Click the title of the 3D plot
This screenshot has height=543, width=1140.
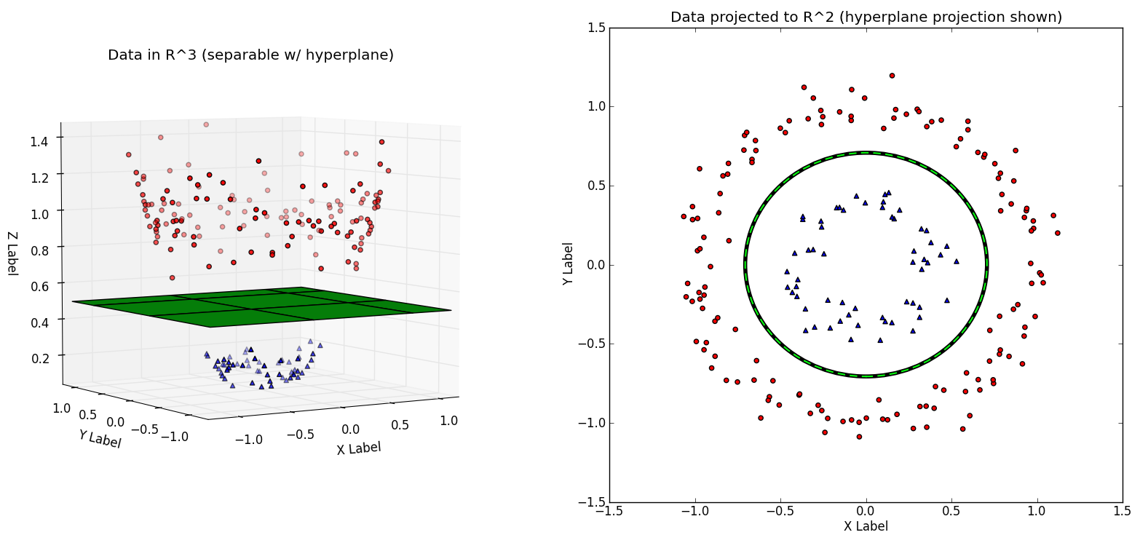coord(250,55)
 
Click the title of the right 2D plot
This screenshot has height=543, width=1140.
coord(866,17)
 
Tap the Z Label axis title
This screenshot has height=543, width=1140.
coord(12,253)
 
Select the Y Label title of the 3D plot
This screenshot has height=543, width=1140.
coord(100,439)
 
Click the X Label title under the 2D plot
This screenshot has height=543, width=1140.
coord(866,526)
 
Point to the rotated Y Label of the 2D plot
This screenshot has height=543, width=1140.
coord(569,263)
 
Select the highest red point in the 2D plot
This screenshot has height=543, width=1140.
coord(892,75)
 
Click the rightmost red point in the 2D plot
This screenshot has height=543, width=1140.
coord(1058,233)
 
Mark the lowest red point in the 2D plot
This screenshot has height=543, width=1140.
coord(859,437)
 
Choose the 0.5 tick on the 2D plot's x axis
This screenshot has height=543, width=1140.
coord(951,512)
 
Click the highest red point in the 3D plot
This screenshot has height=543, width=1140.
coord(206,124)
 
